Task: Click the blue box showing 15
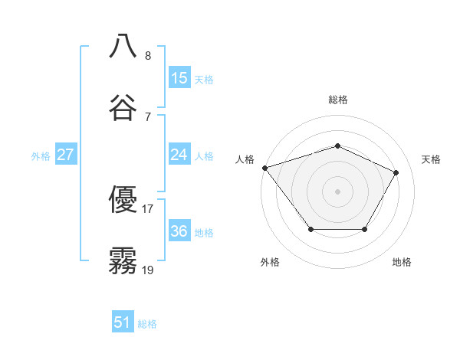click(x=179, y=78)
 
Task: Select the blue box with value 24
click(x=179, y=155)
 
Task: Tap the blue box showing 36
click(x=179, y=232)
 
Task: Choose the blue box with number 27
click(x=66, y=155)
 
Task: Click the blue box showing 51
click(x=123, y=323)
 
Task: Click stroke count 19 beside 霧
click(x=147, y=270)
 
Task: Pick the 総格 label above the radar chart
click(x=338, y=100)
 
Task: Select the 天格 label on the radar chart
click(x=431, y=159)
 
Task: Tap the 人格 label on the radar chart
click(x=245, y=159)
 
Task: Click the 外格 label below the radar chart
click(x=270, y=263)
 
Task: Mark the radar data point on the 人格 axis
click(x=264, y=168)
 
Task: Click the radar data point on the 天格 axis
click(x=396, y=172)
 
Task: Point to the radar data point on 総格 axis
click(x=337, y=146)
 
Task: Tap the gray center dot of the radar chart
click(x=337, y=191)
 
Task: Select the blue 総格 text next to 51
click(x=147, y=324)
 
